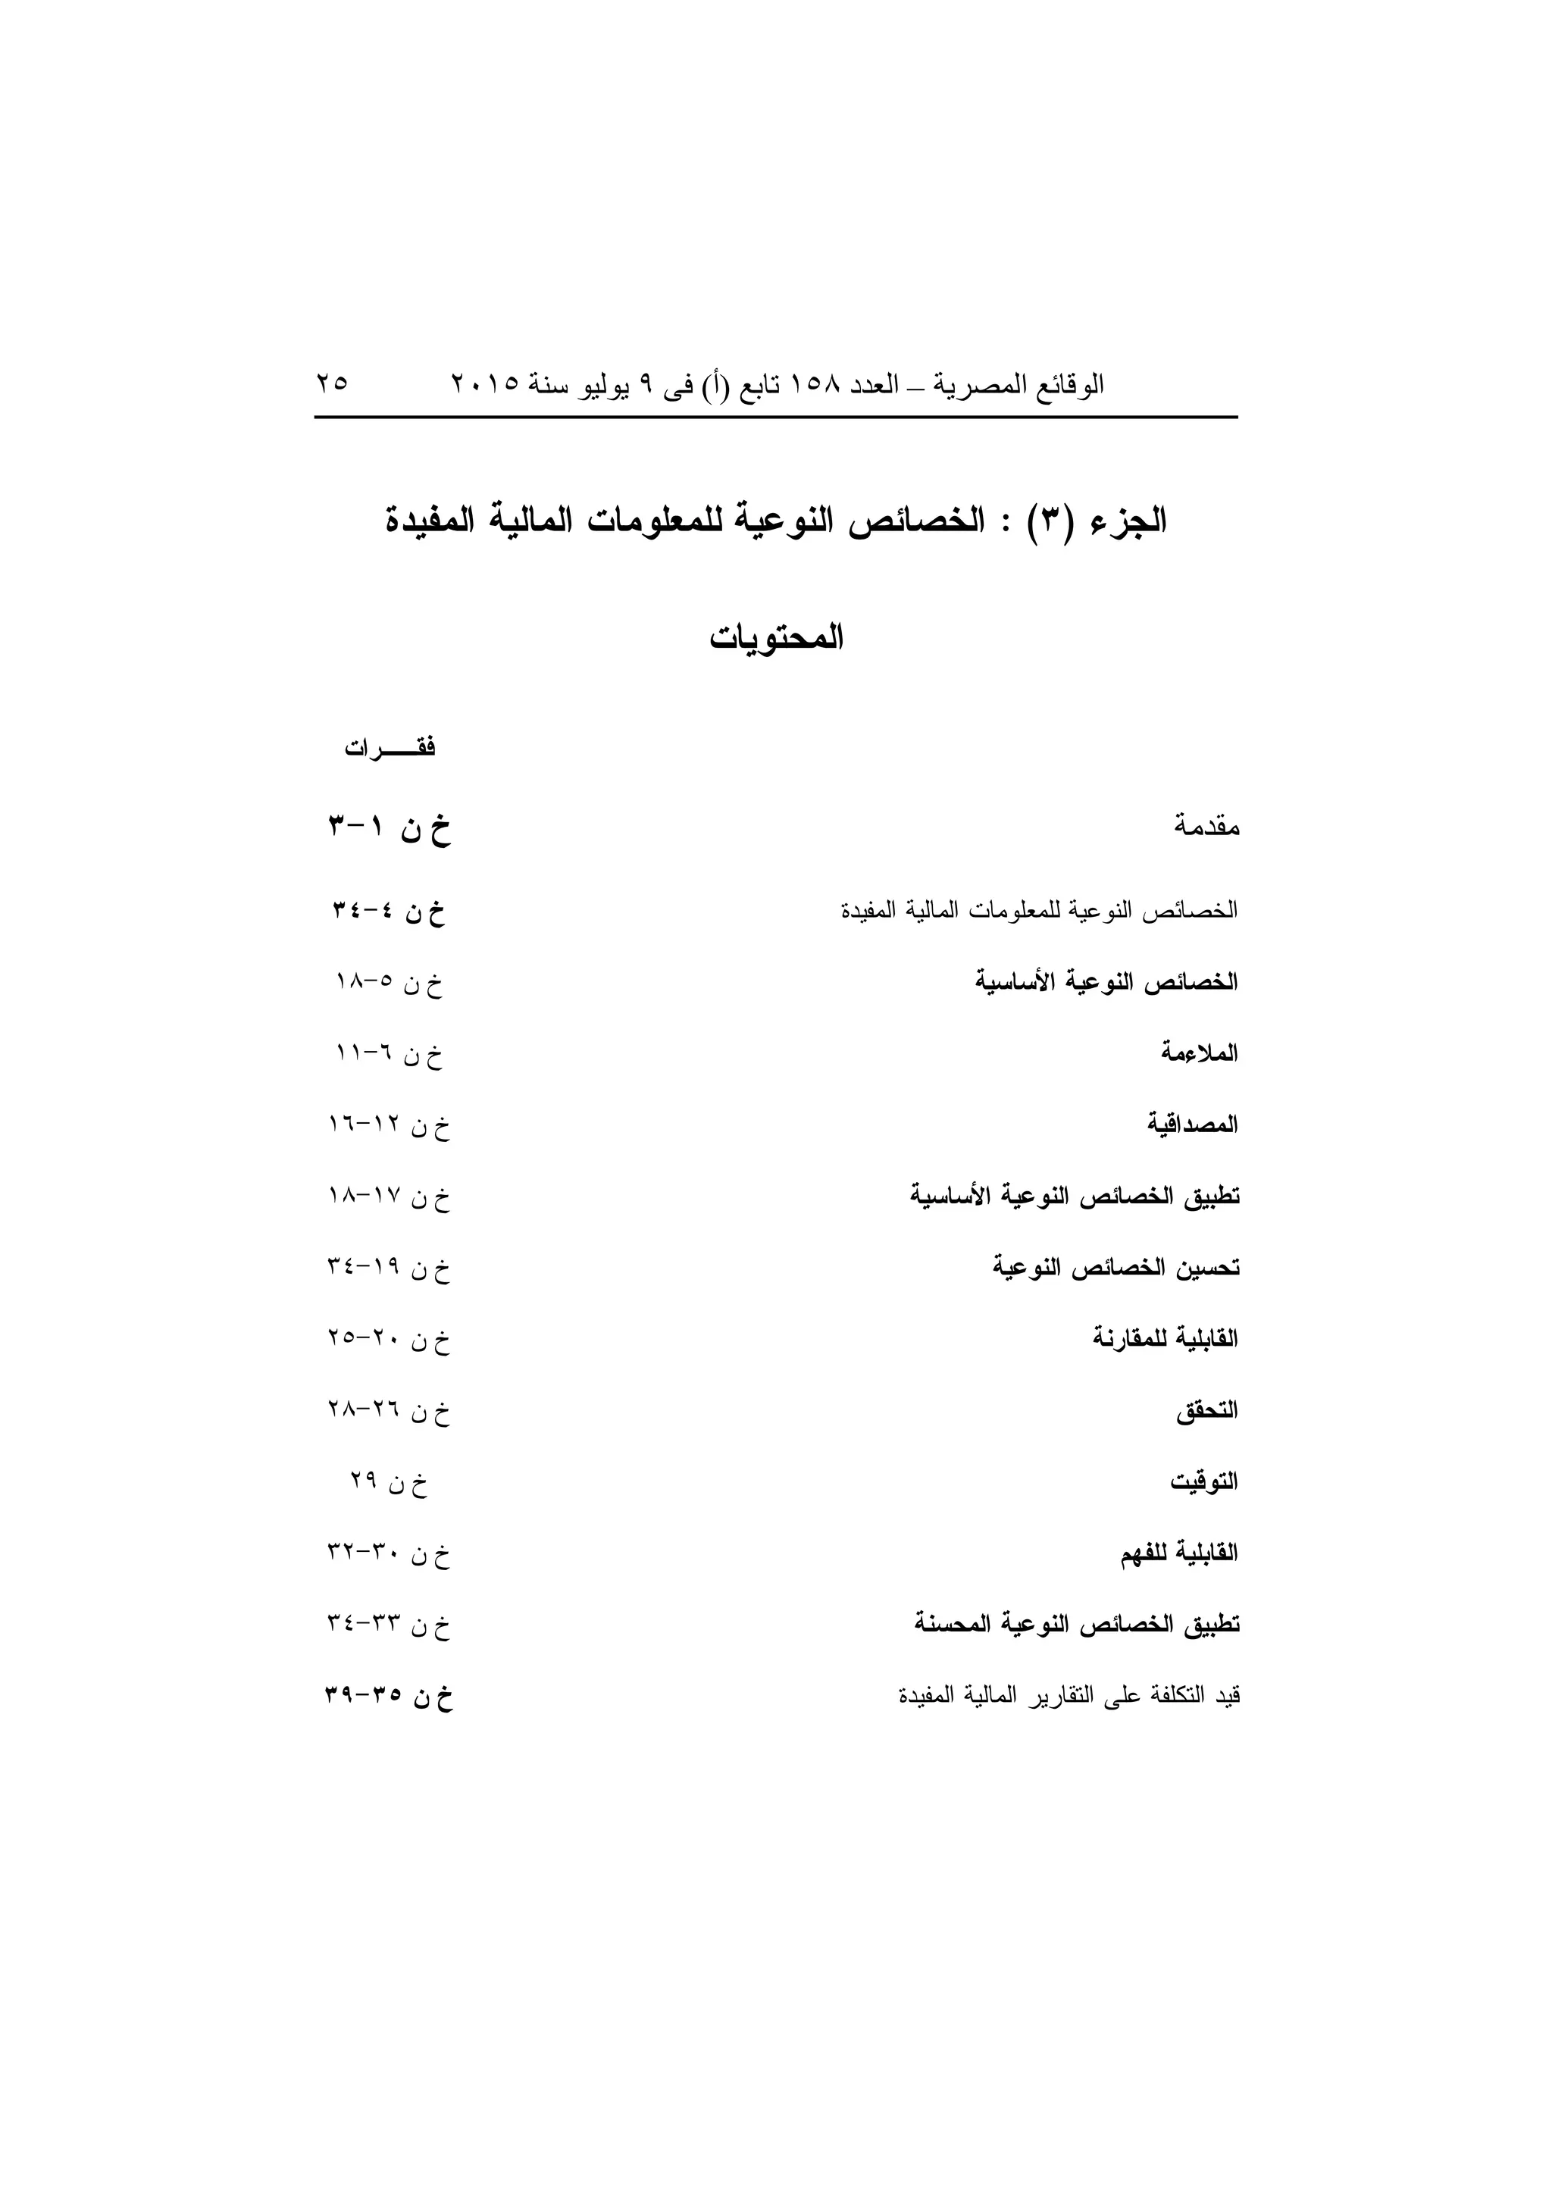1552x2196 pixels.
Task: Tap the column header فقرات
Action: pyautogui.click(x=390, y=748)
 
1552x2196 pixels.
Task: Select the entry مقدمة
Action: pyautogui.click(x=1206, y=827)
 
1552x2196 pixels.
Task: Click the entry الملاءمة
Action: pyautogui.click(x=1199, y=1053)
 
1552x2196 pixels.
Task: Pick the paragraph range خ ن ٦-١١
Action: pyautogui.click(x=390, y=1055)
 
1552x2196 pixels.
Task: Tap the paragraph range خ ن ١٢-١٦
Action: pyautogui.click(x=388, y=1127)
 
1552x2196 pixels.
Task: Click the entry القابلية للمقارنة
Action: pyautogui.click(x=1165, y=1339)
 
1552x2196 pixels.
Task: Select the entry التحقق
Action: pyautogui.click(x=1206, y=1411)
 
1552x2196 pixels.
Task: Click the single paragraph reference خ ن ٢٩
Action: pyautogui.click(x=388, y=1484)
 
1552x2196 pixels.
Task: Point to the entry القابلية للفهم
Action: pyautogui.click(x=1179, y=1554)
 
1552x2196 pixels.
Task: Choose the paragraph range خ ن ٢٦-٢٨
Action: pyautogui.click(x=388, y=1412)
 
